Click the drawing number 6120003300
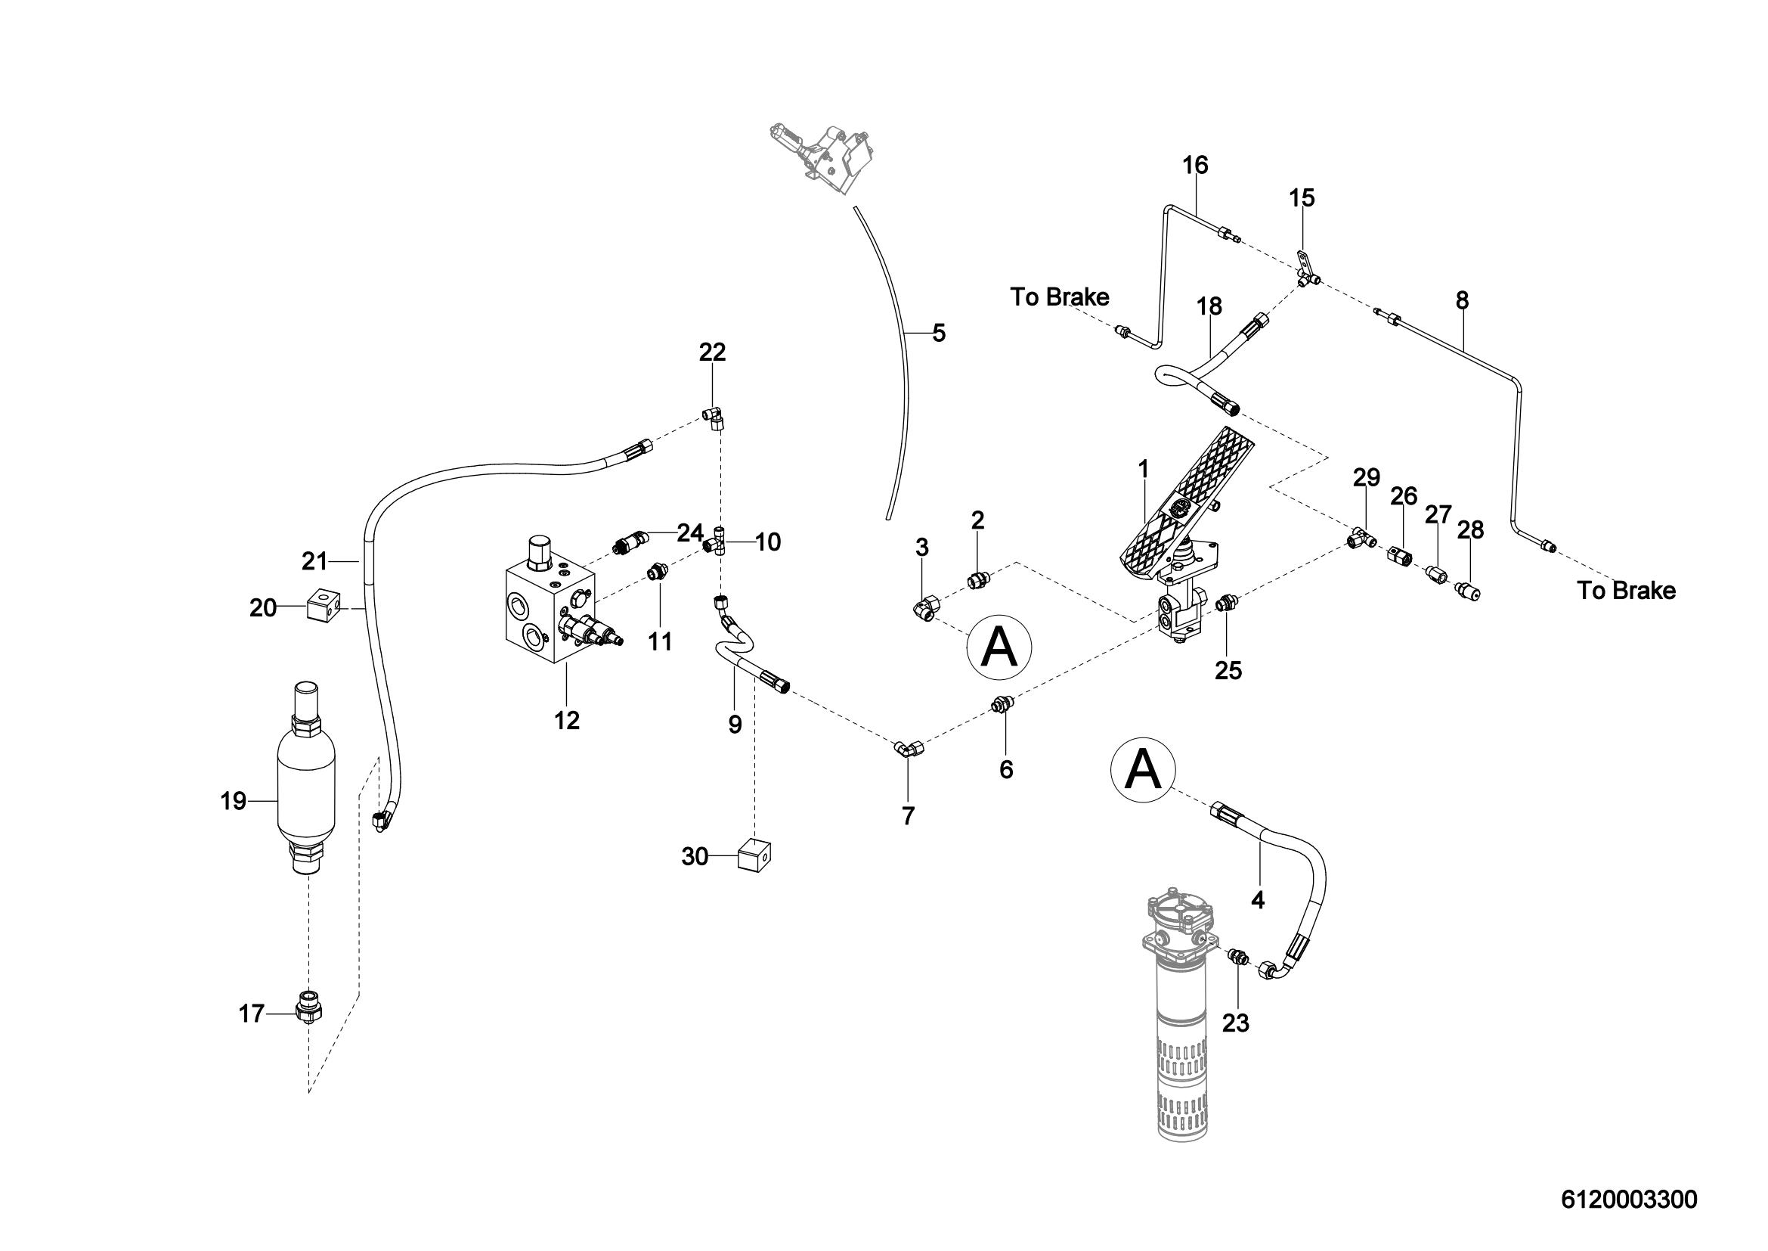[x=1629, y=1200]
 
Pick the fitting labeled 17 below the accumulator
[x=309, y=1006]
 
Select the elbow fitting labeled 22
[x=714, y=417]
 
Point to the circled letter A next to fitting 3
[x=999, y=647]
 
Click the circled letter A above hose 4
[x=1143, y=769]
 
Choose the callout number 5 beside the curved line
[x=939, y=334]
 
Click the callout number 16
[x=1195, y=166]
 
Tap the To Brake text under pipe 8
[x=1626, y=591]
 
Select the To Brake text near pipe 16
[x=1060, y=297]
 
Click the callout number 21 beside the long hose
[x=314, y=561]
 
